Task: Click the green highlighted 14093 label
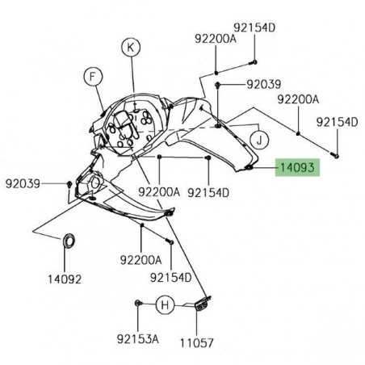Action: tap(298, 168)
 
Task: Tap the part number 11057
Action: tap(197, 342)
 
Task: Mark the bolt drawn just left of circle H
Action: tap(138, 304)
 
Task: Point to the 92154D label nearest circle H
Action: tap(170, 278)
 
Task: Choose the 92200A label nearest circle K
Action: tap(214, 38)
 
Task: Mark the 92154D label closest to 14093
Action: tap(208, 192)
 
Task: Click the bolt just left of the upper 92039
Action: tap(219, 84)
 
